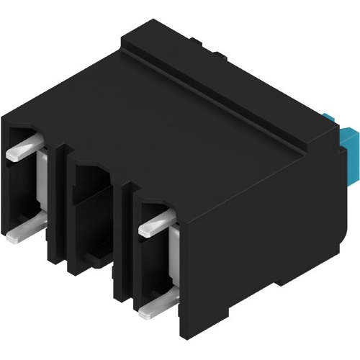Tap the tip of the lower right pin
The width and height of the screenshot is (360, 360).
click(x=142, y=313)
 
